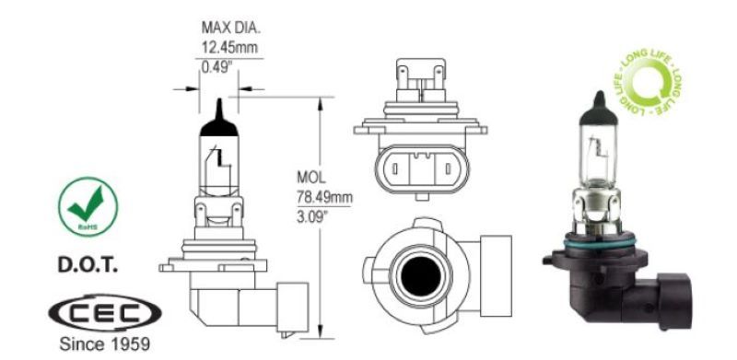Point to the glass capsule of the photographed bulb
click(593, 146)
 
